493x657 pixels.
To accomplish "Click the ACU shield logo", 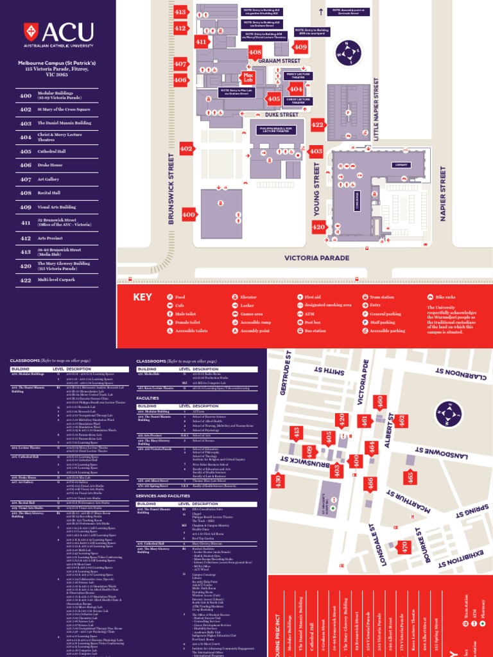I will (x=30, y=31).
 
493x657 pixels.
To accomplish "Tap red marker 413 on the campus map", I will (x=180, y=12).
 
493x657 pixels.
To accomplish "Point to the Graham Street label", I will (x=279, y=61).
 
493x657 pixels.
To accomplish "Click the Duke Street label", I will (x=282, y=115).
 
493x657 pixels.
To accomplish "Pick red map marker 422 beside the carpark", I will (x=317, y=125).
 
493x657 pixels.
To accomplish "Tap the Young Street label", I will (x=316, y=189).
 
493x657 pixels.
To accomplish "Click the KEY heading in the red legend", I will (x=143, y=297).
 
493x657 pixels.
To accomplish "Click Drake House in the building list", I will (x=49, y=165).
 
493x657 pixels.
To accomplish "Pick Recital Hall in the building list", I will (x=48, y=192).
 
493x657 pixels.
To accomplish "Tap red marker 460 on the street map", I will (x=379, y=403).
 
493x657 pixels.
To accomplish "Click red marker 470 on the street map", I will (x=403, y=547).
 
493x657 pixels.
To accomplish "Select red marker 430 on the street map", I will (x=278, y=480).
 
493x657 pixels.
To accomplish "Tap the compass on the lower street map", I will (x=448, y=414).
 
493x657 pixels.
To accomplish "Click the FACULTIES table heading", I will (x=148, y=398).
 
